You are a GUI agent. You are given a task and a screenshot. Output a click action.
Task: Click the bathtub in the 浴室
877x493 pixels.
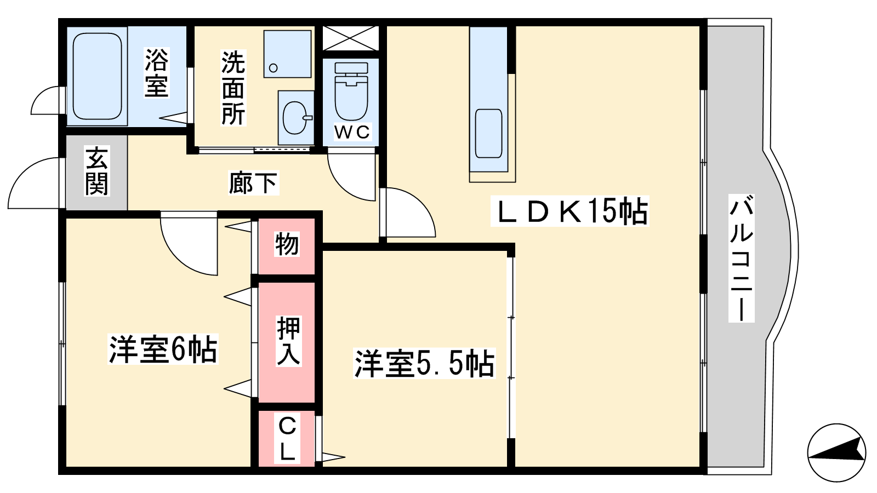click(x=96, y=76)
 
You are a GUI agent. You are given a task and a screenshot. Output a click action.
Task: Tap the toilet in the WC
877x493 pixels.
click(x=351, y=91)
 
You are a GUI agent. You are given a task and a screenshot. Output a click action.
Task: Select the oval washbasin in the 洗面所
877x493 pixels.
click(x=296, y=118)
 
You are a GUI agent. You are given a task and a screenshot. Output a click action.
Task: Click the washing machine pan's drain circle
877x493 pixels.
click(x=274, y=68)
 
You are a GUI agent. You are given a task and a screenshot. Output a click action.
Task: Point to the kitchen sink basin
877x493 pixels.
click(x=488, y=134)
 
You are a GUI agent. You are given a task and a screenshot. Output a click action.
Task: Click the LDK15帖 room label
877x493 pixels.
click(x=570, y=211)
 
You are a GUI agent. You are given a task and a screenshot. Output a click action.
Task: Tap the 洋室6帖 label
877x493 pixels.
click(x=163, y=349)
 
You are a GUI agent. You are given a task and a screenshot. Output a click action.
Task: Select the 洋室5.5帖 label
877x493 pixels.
click(x=424, y=364)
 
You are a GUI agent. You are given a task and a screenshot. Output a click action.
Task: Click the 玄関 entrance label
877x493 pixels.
click(x=96, y=170)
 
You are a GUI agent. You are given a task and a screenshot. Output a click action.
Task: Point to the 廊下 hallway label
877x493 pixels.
click(x=253, y=183)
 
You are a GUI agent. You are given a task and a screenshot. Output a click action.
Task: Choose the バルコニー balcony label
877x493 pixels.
click(x=741, y=258)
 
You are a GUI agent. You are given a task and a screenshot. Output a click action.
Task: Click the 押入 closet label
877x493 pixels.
click(x=288, y=341)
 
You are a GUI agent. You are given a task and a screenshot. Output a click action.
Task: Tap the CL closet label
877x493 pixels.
click(x=287, y=439)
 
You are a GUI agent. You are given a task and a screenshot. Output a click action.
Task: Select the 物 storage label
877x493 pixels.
click(x=287, y=244)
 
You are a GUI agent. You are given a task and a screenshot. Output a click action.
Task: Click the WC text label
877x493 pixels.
click(x=352, y=132)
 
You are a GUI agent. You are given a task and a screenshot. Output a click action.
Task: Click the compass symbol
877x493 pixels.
click(x=836, y=452)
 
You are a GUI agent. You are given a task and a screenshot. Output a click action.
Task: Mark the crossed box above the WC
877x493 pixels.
click(x=351, y=38)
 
